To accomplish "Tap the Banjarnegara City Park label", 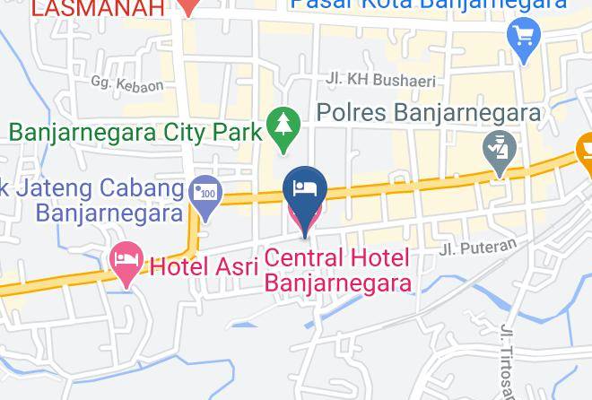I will click(x=135, y=132).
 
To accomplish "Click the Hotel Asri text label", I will click(x=204, y=265).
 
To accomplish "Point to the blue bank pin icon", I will click(x=206, y=197).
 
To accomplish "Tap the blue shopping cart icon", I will click(x=522, y=36).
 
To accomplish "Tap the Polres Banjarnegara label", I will click(x=431, y=114).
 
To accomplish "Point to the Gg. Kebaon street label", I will click(x=127, y=84).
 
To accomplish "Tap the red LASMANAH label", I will click(x=99, y=8).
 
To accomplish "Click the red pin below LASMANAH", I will click(x=187, y=6).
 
